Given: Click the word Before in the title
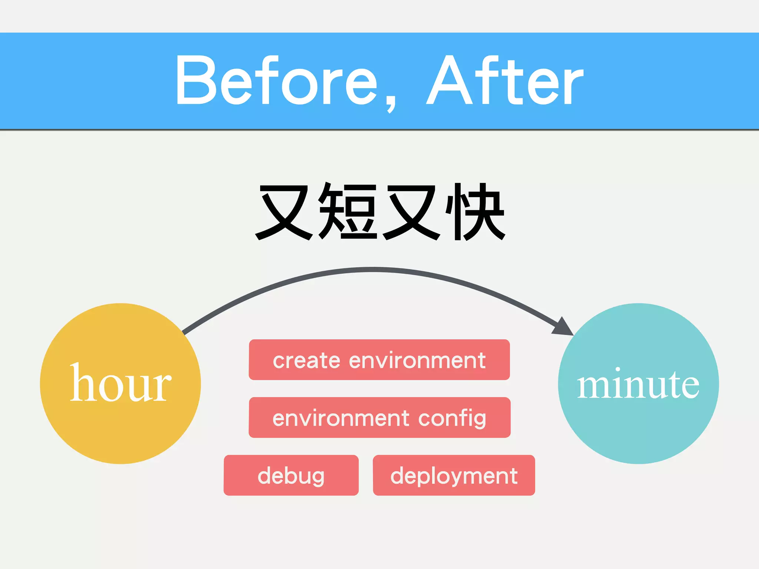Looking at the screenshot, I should [x=276, y=81].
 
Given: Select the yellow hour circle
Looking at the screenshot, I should [x=120, y=422].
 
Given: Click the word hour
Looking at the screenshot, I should [x=120, y=383].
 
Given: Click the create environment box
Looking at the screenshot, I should [x=379, y=360].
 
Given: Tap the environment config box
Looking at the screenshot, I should [x=379, y=417].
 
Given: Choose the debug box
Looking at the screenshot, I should [x=291, y=475].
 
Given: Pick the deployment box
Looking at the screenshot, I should [x=454, y=475].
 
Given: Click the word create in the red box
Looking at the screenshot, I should [x=306, y=360].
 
